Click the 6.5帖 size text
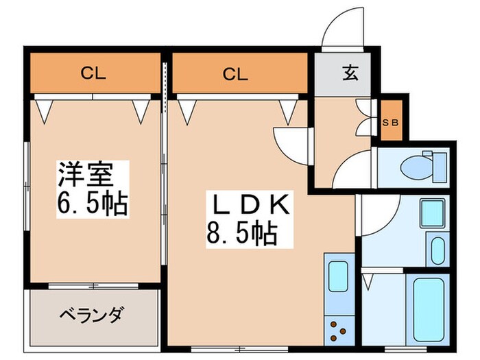pyautogui.click(x=94, y=204)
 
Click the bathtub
pyautogui.click(x=429, y=313)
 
